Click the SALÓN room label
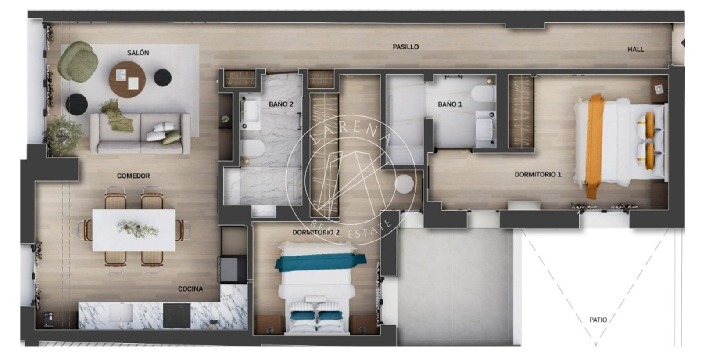tap(138, 53)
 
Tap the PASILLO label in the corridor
tap(405, 47)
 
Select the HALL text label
tap(636, 49)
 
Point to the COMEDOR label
tap(133, 176)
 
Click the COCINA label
tap(190, 288)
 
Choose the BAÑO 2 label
tap(281, 104)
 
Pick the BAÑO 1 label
tap(450, 104)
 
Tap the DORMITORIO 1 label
tap(538, 174)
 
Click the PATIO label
tap(598, 320)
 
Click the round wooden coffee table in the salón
tap(127, 79)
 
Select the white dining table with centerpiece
tap(134, 230)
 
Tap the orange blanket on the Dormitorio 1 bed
tap(594, 146)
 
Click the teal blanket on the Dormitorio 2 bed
tap(320, 262)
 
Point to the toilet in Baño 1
tap(482, 94)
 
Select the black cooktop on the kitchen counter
tap(176, 315)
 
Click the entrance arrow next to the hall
tap(683, 43)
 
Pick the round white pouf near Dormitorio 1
tap(404, 184)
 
